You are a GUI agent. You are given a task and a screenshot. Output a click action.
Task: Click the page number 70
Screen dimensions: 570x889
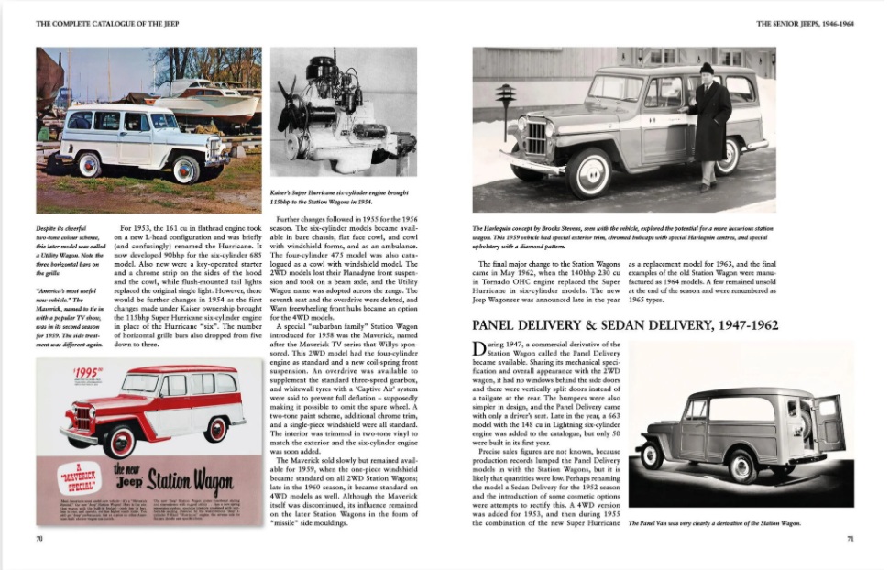coord(39,539)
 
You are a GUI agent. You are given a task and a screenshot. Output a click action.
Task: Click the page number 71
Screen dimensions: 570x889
coord(849,539)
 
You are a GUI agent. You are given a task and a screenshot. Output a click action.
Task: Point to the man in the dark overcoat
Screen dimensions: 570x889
coord(708,124)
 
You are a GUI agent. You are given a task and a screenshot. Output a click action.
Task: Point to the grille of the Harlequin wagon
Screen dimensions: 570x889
coord(536,138)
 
